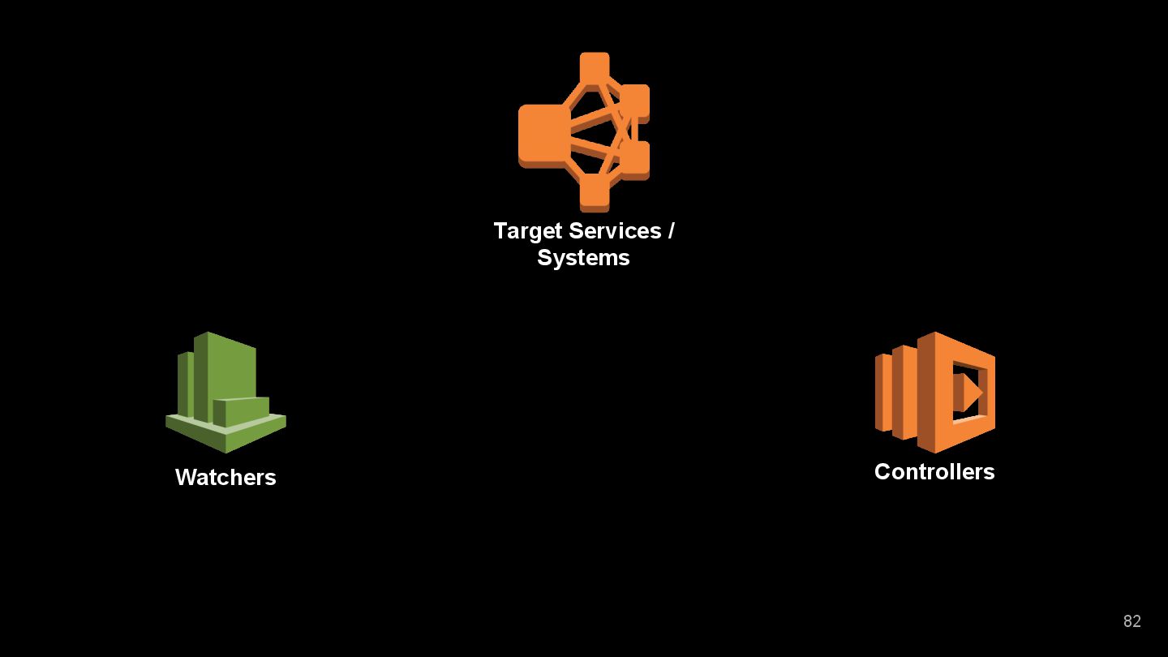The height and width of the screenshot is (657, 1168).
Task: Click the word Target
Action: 528,231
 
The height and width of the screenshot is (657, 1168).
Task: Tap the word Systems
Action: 583,258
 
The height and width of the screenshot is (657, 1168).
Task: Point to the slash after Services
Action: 671,231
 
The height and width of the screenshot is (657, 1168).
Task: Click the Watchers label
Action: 225,478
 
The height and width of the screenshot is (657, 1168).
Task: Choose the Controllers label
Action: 934,472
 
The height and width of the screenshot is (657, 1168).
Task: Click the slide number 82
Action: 1131,621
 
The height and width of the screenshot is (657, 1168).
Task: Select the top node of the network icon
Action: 595,67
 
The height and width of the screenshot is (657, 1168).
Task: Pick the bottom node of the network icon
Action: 595,192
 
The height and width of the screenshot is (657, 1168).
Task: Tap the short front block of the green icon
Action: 241,411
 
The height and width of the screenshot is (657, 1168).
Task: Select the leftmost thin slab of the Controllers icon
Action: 882,392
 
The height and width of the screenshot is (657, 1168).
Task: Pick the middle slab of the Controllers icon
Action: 904,392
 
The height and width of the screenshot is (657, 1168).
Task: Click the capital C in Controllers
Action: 882,472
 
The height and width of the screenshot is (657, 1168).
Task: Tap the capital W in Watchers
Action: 186,478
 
